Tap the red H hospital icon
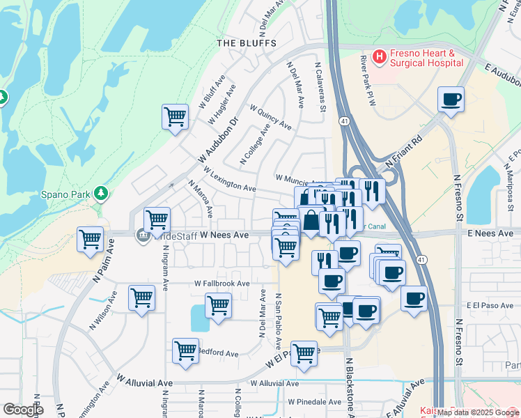pos(380,56)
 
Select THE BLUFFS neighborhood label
pos(247,43)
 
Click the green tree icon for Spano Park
pos(102,192)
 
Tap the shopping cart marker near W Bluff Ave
pos(174,116)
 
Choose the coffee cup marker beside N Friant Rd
pos(451,100)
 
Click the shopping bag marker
pos(311,219)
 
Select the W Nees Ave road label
pos(224,235)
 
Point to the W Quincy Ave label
pos(270,118)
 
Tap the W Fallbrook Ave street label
pos(222,284)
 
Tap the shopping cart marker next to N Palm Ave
pos(90,240)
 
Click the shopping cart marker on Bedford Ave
pos(185,350)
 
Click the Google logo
pos(24,410)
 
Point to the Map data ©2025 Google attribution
pos(477,412)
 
